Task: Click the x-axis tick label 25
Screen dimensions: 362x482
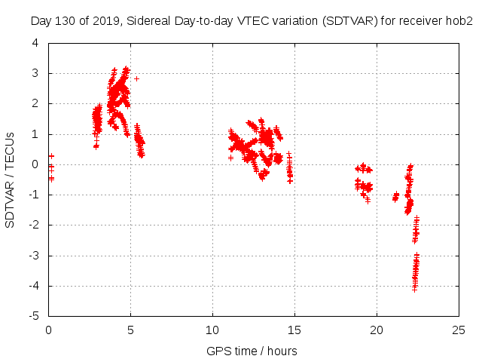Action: [459, 330]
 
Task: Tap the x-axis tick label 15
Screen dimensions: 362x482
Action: [294, 330]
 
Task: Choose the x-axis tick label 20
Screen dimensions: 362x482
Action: [377, 330]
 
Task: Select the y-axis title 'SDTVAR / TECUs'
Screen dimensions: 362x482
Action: [11, 179]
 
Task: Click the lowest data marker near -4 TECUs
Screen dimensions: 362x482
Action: [414, 289]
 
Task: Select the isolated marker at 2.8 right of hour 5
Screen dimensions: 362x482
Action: [136, 78]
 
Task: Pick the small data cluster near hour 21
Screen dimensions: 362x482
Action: [395, 197]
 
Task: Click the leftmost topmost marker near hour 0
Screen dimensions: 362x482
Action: [51, 156]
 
